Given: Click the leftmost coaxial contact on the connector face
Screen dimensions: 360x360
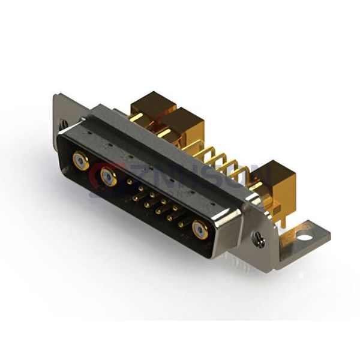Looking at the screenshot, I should point(80,160).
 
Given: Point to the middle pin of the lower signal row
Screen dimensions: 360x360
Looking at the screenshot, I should point(158,211).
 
